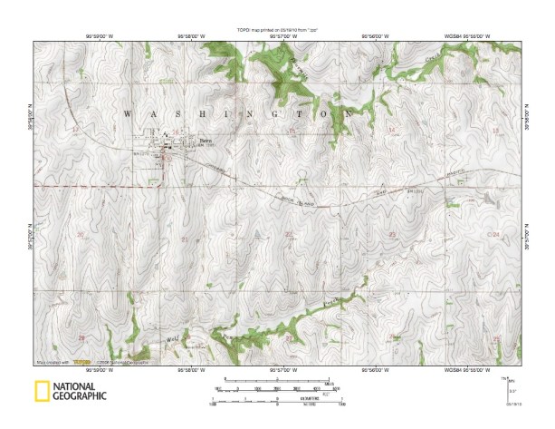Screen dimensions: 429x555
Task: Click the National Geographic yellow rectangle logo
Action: [42, 392]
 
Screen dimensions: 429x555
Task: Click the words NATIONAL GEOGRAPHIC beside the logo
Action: [79, 392]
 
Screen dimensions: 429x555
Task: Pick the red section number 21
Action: [185, 239]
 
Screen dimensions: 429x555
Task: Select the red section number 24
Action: [494, 235]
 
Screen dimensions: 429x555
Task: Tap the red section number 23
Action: [392, 235]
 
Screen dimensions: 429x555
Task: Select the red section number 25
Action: [494, 337]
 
